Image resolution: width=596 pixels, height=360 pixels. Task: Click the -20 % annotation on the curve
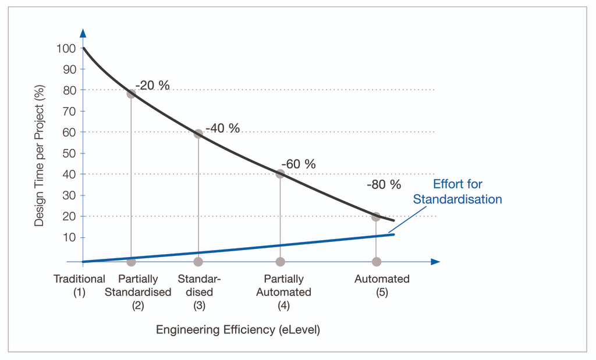point(152,85)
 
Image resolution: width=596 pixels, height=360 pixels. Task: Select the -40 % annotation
point(222,128)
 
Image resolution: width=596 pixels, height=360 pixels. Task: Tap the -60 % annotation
point(298,164)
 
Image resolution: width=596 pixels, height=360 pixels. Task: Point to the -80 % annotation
point(384,185)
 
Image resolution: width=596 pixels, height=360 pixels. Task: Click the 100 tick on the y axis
point(66,48)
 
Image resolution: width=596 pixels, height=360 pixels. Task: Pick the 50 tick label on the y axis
point(69,154)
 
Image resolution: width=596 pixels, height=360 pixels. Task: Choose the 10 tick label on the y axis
point(69,237)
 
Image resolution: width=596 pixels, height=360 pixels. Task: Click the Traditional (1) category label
point(79,286)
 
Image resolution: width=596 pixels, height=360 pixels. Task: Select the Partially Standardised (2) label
point(138,292)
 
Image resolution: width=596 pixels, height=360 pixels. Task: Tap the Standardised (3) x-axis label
point(199,292)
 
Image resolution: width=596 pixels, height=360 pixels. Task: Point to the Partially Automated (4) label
point(283,292)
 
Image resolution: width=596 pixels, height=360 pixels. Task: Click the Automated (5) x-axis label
point(382,286)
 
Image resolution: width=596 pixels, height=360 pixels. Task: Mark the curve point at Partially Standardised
point(131,94)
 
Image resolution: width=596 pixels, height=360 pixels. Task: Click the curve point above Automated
point(376,216)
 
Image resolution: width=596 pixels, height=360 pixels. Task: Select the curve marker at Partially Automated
point(281,173)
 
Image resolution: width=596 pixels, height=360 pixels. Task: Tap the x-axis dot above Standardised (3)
point(198,262)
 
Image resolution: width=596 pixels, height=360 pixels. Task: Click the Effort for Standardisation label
point(457,192)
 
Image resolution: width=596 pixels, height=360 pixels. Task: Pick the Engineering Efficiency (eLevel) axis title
point(238,330)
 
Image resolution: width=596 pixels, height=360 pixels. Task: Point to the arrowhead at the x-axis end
point(435,262)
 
